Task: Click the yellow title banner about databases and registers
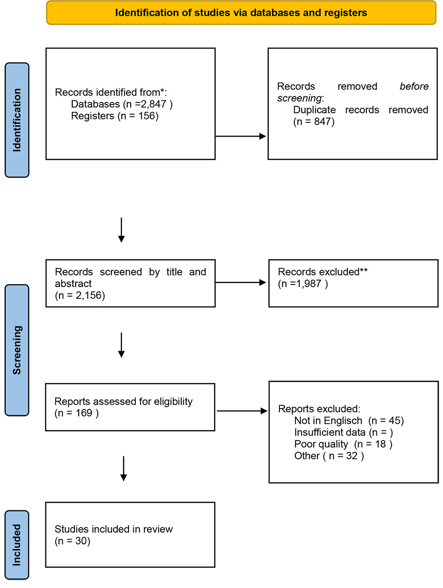241,13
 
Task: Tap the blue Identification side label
17,120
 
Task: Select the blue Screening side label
17,350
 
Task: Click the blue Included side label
17,545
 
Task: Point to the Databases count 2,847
154,104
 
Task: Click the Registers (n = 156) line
115,116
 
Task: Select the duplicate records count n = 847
314,121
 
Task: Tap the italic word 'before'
414,86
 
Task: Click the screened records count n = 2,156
80,295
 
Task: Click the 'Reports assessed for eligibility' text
123,401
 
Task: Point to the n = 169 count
77,413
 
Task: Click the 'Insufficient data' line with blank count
343,432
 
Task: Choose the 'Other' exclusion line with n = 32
329,456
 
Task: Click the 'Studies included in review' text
113,529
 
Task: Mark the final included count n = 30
72,541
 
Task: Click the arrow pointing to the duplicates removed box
241,136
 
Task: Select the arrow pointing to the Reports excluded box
242,411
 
